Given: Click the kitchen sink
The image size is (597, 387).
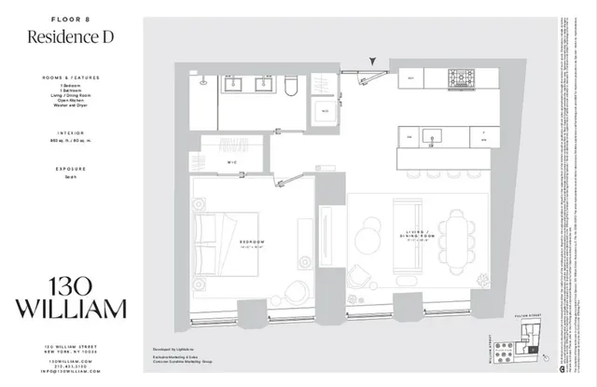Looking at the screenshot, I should pyautogui.click(x=432, y=137).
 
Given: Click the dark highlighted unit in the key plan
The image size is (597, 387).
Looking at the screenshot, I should pyautogui.click(x=532, y=350).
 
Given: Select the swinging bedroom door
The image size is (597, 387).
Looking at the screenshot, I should pyautogui.click(x=291, y=179).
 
